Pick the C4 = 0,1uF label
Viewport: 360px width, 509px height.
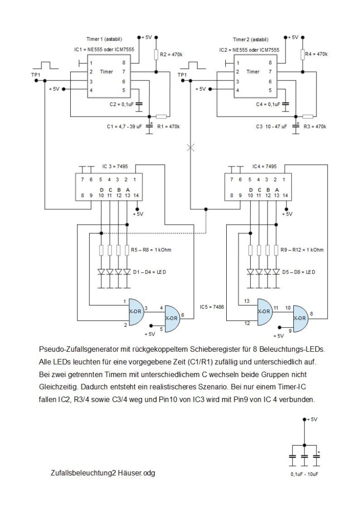click(268, 105)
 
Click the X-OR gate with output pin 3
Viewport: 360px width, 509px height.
click(135, 311)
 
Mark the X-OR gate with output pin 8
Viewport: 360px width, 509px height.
click(300, 318)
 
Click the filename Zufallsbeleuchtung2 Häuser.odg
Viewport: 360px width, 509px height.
click(104, 473)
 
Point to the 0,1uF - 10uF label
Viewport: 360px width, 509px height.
click(304, 475)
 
